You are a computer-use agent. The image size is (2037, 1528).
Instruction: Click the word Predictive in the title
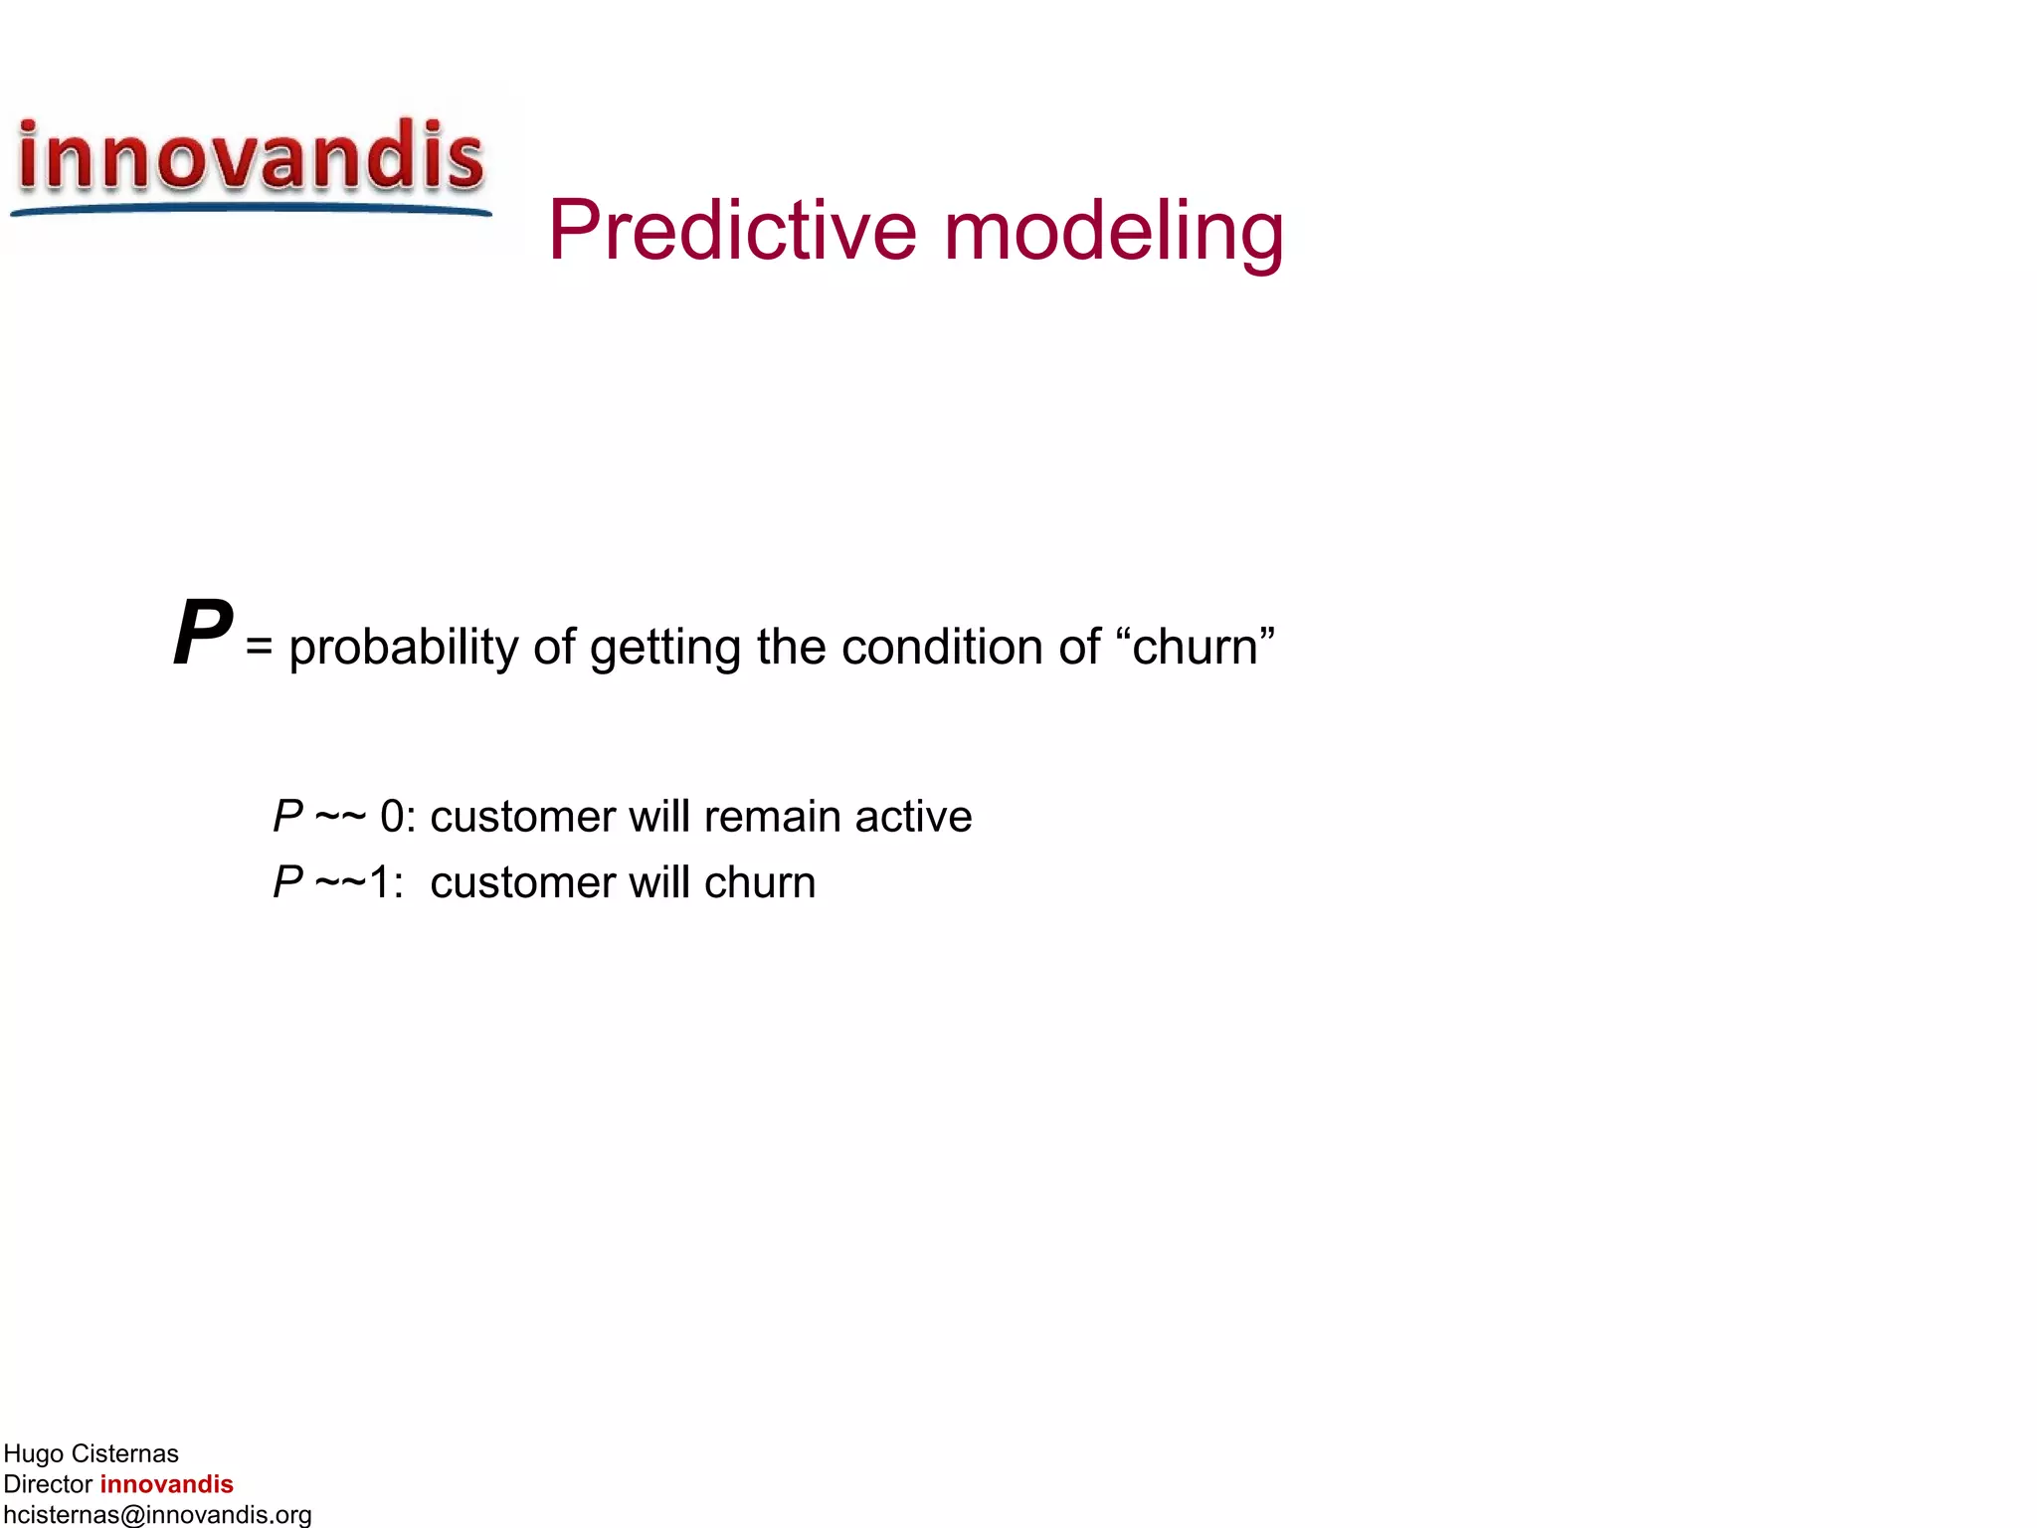click(731, 231)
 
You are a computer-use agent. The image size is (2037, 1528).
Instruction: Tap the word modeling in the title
click(1113, 231)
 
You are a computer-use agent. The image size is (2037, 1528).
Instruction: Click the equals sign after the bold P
click(259, 648)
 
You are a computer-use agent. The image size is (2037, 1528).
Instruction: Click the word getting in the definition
click(665, 648)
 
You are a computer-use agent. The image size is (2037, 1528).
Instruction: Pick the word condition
click(941, 648)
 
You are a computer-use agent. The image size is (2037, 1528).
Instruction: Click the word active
click(913, 817)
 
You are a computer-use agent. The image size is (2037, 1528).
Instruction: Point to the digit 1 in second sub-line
click(380, 882)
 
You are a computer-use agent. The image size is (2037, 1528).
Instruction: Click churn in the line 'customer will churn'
click(760, 882)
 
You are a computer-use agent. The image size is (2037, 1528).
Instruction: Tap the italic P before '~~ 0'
click(287, 817)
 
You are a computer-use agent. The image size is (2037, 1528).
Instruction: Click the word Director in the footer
click(48, 1484)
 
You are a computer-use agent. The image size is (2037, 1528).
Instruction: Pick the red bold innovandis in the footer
click(166, 1484)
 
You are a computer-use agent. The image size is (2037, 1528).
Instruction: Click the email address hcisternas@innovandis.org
click(157, 1515)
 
